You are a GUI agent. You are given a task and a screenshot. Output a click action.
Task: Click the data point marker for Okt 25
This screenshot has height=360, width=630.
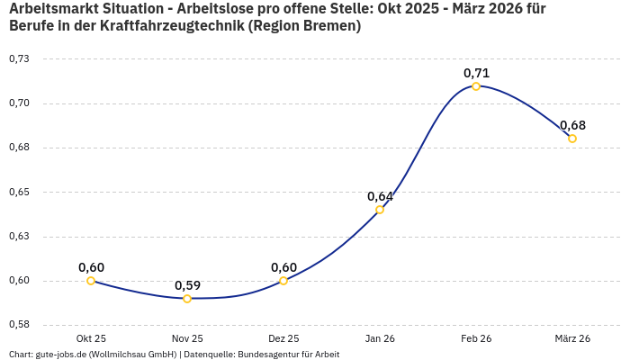91,281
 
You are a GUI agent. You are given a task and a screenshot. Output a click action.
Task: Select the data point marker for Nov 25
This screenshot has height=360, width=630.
187,299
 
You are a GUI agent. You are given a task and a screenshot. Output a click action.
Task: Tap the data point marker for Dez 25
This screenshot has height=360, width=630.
283,281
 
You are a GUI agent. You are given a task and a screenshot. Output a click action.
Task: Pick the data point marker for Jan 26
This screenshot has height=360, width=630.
380,210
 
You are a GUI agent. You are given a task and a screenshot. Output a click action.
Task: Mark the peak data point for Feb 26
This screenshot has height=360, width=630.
476,86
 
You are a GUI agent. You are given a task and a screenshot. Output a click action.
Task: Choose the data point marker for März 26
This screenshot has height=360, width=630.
572,139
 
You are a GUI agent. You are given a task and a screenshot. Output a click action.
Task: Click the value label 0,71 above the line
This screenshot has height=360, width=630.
476,73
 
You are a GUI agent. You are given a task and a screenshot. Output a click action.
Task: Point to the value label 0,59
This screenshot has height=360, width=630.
187,285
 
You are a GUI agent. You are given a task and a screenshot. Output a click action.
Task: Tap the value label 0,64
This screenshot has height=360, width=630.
380,196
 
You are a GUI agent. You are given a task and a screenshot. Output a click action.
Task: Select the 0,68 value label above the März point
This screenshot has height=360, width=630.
572,125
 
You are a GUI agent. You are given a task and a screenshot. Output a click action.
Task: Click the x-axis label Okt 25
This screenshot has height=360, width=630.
91,338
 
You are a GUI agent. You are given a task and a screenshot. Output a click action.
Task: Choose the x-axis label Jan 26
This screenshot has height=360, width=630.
380,338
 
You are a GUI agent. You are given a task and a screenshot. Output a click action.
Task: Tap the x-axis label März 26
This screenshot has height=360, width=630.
572,338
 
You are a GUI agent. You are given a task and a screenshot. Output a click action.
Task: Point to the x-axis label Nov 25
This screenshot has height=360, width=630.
187,338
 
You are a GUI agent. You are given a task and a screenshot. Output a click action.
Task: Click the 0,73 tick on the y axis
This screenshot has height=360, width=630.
19,58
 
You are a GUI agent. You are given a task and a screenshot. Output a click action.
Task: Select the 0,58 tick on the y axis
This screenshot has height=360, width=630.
19,325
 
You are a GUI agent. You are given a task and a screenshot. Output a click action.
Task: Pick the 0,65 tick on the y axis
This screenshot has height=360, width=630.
19,192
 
